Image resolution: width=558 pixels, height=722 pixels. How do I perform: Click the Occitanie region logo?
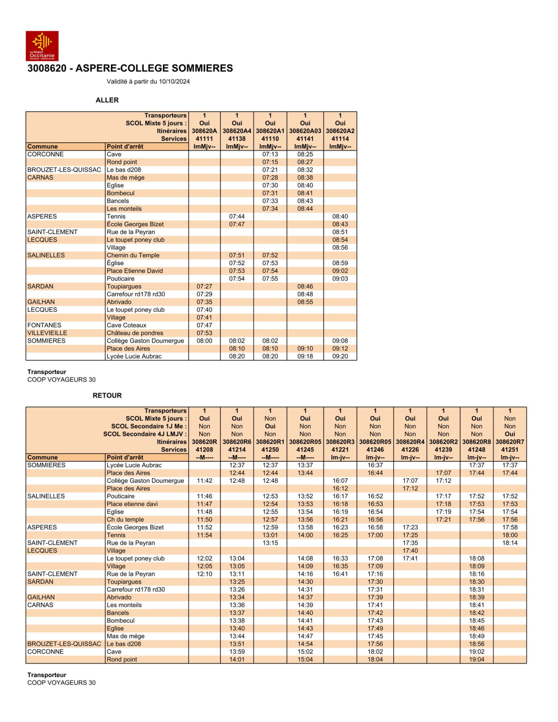(42, 46)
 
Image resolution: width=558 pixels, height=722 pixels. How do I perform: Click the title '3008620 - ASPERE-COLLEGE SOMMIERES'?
(130, 68)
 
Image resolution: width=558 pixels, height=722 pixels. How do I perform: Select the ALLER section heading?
(107, 100)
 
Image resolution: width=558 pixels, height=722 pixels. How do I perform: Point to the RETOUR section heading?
(107, 395)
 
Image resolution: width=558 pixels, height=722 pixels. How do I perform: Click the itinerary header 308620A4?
(237, 131)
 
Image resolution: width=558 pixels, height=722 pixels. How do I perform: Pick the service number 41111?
(204, 139)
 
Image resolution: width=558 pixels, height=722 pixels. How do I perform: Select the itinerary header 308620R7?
(510, 442)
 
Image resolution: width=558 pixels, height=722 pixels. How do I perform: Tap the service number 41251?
(510, 449)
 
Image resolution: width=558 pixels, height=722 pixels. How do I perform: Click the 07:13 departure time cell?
(270, 154)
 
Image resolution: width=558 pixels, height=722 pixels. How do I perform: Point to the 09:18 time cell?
(305, 356)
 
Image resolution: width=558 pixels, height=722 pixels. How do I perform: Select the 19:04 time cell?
(476, 659)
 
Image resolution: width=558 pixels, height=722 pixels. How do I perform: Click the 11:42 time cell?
(204, 481)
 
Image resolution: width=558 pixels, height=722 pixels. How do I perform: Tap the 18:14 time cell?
(510, 543)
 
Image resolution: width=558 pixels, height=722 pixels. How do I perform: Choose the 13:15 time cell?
(270, 543)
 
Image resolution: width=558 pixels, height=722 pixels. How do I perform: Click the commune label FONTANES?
(44, 325)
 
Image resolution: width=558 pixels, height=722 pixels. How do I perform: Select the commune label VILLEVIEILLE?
(47, 333)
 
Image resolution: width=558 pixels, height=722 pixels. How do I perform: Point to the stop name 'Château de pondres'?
(135, 333)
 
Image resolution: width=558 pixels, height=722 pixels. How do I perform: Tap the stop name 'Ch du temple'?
(125, 520)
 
